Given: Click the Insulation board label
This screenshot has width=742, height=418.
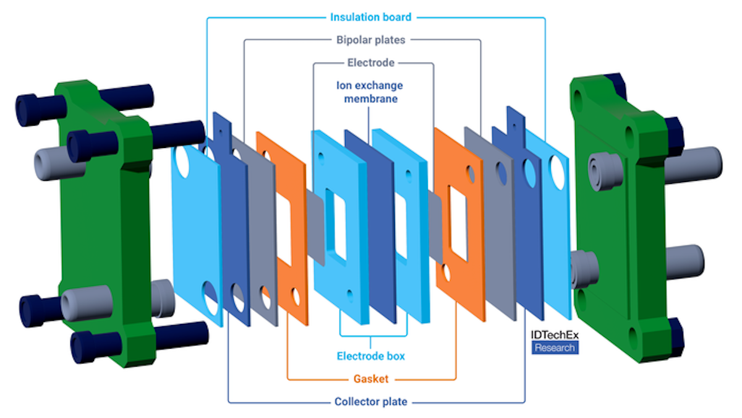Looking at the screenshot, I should click(370, 17).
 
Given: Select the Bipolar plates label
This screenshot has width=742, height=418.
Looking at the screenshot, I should click(371, 40).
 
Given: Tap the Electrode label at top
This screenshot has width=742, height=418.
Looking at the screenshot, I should click(371, 63).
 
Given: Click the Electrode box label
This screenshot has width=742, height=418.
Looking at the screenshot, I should click(371, 356).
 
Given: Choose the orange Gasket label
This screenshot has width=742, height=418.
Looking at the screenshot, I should click(371, 378).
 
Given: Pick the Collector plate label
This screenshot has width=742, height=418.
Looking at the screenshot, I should click(371, 402).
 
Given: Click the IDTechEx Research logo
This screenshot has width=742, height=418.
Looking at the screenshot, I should click(554, 341).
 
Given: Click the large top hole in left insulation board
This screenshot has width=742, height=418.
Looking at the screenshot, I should click(184, 160).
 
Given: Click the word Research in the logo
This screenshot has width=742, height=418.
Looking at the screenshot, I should click(554, 347).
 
